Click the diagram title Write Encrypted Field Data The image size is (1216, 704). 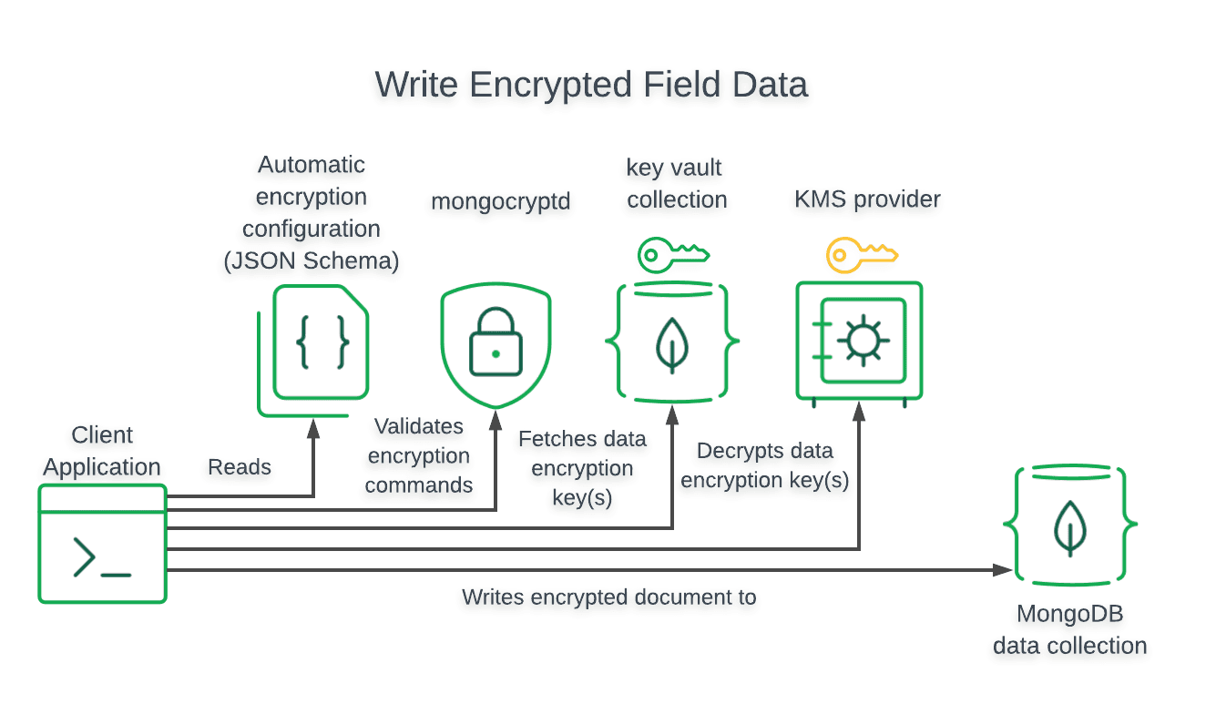point(591,85)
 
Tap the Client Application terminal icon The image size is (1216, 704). point(102,544)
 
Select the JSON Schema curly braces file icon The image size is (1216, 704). point(322,342)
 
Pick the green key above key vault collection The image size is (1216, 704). point(672,255)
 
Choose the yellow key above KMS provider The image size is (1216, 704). point(861,255)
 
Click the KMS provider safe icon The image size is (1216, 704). point(859,342)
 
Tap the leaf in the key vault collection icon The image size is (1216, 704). point(671,343)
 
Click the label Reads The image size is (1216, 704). point(240,467)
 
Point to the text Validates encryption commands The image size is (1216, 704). point(419,455)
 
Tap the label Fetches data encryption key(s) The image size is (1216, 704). point(582,468)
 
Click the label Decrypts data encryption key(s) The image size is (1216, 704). point(765,465)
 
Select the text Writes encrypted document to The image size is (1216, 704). point(608,597)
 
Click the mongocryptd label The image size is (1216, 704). point(500,201)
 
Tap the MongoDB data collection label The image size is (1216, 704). point(1069,629)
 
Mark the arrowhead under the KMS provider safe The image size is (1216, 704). point(859,413)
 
